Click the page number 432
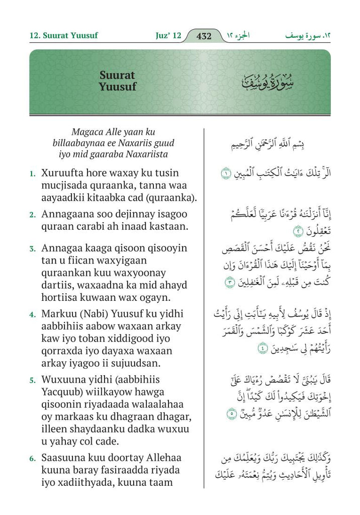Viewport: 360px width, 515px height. pos(204,36)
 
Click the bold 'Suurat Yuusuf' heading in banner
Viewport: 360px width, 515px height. pos(118,81)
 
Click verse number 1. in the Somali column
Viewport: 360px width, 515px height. pos(32,174)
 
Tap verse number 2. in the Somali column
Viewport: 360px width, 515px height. pos(32,215)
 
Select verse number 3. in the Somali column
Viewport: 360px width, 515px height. pos(32,248)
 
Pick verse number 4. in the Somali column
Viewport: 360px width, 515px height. pos(32,315)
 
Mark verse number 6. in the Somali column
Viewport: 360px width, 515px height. pos(32,459)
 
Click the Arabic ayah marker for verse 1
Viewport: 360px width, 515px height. pos(227,174)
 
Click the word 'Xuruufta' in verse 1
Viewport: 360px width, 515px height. pos(64,173)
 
